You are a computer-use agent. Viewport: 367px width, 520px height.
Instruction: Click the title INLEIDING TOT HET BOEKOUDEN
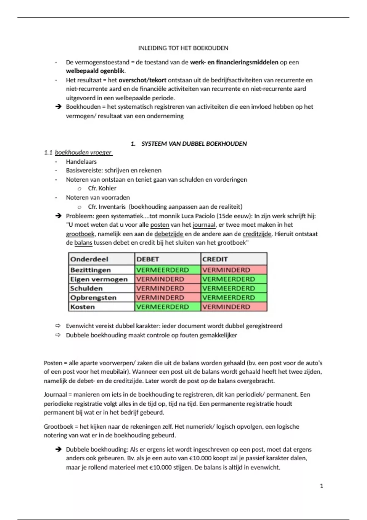click(183, 48)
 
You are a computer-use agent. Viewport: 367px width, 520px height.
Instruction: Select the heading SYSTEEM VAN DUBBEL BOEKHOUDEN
click(194, 144)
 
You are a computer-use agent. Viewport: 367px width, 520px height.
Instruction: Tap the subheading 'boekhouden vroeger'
click(83, 152)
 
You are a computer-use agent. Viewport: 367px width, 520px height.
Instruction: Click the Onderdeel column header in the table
click(89, 259)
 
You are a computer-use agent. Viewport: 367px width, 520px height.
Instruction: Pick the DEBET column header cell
click(148, 259)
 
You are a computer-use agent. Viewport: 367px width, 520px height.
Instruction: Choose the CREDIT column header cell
click(215, 259)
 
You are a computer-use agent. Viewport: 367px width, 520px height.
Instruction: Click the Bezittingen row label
click(91, 270)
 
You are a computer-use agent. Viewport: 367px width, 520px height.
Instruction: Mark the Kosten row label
click(83, 306)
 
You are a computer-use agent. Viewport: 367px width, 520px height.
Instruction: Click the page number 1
click(321, 486)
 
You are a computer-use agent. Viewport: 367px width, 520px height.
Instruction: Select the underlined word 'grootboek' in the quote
click(80, 234)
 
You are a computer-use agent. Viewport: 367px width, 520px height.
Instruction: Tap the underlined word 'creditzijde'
click(257, 234)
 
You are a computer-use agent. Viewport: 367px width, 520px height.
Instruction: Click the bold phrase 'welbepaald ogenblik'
click(95, 71)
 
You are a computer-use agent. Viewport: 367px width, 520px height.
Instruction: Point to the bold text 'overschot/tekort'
click(143, 80)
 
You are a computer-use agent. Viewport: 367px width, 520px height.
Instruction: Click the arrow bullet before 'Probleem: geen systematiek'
click(58, 216)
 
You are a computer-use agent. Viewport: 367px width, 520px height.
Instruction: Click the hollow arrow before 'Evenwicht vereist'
click(58, 326)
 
